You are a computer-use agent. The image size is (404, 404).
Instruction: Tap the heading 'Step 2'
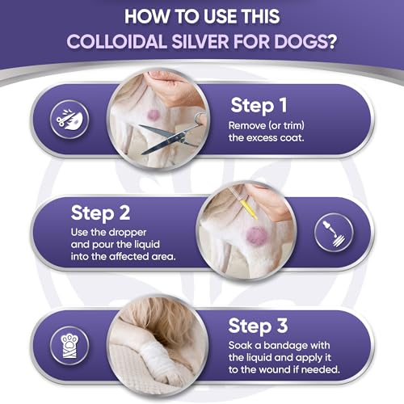point(100,213)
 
